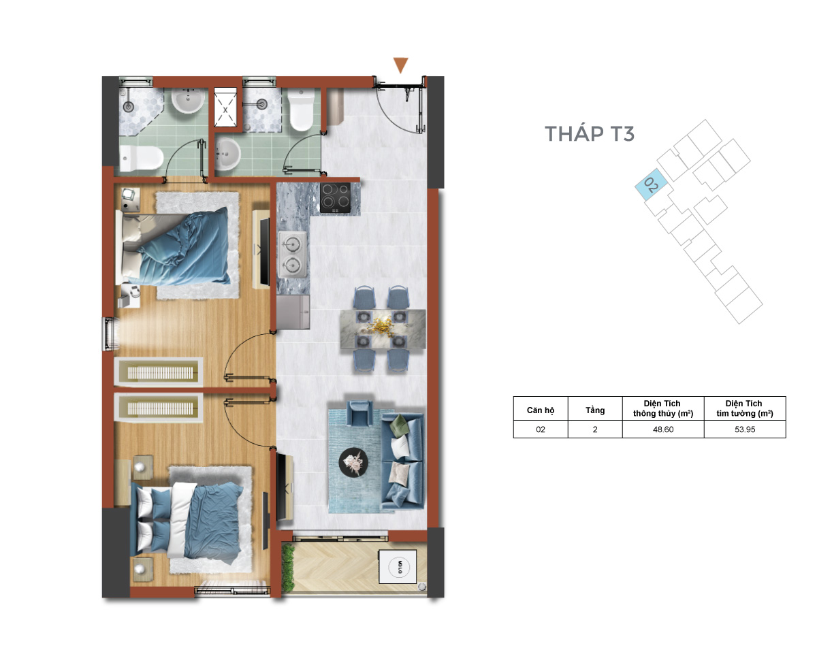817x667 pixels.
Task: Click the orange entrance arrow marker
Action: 400,65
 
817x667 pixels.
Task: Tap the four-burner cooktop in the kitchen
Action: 335,197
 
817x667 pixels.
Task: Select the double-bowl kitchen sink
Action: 292,254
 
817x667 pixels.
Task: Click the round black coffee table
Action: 353,461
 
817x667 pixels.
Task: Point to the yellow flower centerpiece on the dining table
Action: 381,325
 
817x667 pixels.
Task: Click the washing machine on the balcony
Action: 398,566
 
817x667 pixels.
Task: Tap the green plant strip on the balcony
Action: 287,567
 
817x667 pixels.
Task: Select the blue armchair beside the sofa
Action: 360,413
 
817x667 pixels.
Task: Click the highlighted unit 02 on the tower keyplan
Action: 651,184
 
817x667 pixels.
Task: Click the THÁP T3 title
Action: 589,133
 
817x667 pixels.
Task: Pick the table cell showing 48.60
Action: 663,429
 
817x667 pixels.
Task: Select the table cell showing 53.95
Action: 745,429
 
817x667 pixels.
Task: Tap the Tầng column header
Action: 594,410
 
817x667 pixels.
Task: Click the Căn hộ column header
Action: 541,410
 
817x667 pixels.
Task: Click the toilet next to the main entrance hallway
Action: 301,110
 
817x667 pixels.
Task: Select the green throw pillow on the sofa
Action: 398,425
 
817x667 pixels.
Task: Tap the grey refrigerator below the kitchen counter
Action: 293,312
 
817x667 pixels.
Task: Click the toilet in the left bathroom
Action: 141,159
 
